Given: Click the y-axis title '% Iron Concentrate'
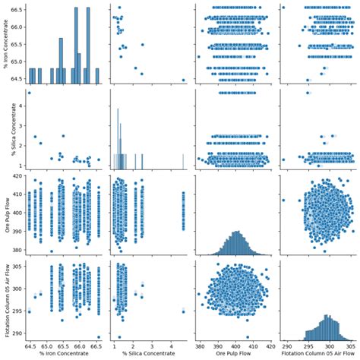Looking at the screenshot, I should [5, 43].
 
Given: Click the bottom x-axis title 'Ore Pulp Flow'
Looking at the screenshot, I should [232, 354].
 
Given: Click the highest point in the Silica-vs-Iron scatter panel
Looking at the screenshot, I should [30, 93].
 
